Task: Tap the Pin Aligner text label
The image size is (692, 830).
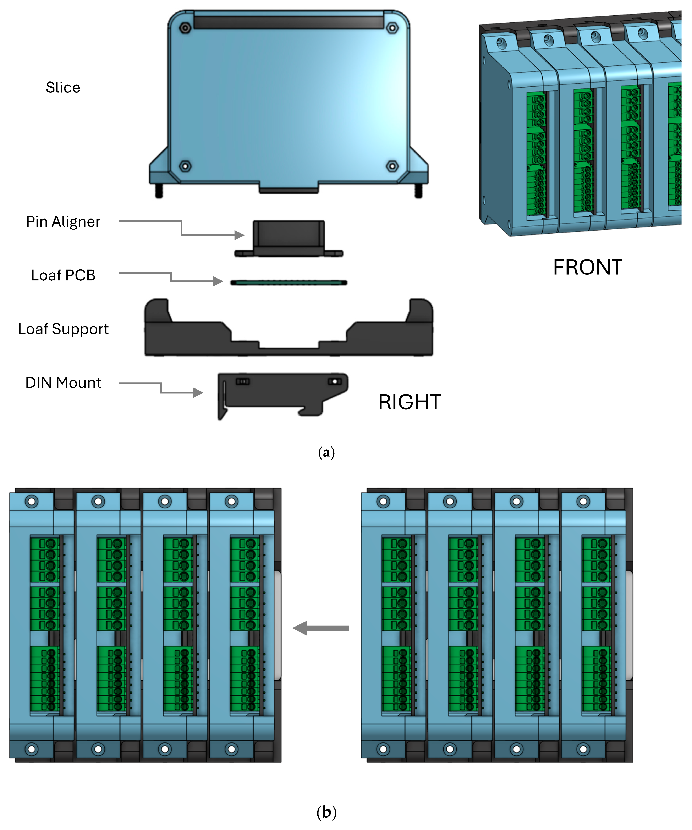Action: tap(63, 222)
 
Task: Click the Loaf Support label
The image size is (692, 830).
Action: tap(63, 329)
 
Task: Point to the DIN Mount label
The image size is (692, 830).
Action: tap(63, 383)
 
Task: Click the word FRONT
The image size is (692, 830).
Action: tap(587, 268)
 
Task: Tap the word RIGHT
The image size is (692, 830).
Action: tap(409, 402)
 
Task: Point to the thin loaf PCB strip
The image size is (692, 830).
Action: tap(289, 283)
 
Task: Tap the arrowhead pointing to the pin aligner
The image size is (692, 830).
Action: tap(240, 235)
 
